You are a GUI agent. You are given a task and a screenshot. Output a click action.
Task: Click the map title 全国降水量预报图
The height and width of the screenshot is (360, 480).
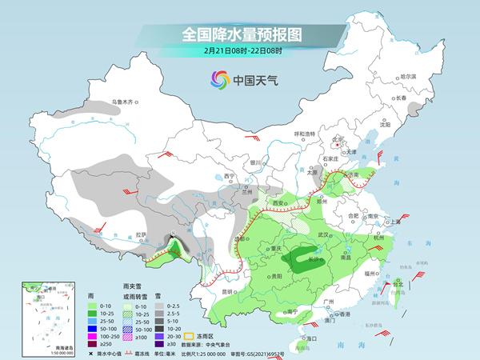click(x=239, y=35)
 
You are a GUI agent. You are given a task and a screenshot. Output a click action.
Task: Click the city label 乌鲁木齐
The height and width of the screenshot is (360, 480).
click(x=126, y=102)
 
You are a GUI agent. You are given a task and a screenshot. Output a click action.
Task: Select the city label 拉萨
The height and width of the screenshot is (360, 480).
click(x=142, y=234)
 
